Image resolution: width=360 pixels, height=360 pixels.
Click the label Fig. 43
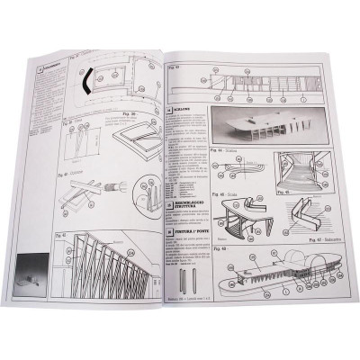(176, 66)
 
